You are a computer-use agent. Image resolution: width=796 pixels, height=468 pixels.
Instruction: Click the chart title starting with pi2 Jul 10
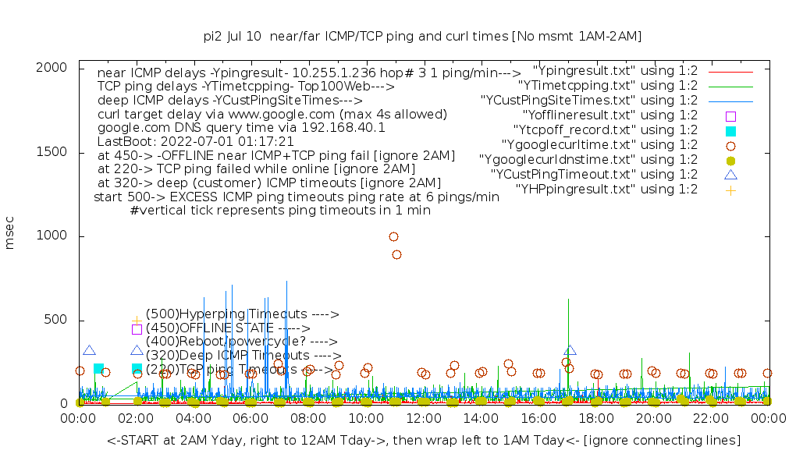(422, 36)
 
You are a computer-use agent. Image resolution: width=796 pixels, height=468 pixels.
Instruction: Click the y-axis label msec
(10, 236)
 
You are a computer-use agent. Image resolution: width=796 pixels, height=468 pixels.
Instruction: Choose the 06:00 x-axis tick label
(251, 419)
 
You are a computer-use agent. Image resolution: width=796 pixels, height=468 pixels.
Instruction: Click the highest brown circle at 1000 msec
(393, 236)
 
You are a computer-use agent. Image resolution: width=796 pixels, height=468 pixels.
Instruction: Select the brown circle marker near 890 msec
(396, 254)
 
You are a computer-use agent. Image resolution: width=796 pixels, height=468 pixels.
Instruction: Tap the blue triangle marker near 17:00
(570, 350)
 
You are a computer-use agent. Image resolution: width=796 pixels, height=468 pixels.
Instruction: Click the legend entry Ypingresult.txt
(615, 71)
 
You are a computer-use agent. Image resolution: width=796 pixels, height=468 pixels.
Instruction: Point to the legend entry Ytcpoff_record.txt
(605, 130)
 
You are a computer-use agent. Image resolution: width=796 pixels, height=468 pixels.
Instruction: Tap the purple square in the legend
(730, 115)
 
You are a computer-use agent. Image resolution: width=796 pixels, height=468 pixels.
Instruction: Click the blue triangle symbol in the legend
(730, 175)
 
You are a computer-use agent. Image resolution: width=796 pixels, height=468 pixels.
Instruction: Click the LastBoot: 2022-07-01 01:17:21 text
(195, 142)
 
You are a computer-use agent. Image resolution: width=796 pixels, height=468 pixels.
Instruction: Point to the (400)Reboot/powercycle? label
(241, 342)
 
